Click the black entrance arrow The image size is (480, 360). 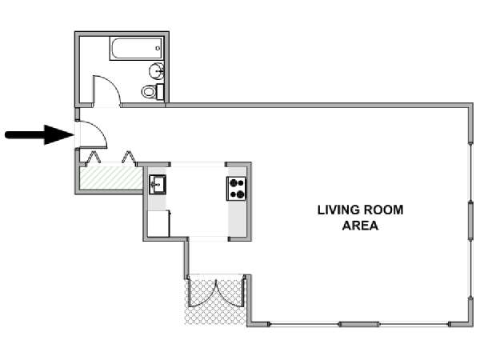[39, 134]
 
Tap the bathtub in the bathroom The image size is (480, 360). [136, 49]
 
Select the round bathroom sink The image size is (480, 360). [157, 71]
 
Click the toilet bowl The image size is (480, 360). [149, 91]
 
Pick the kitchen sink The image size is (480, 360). [158, 184]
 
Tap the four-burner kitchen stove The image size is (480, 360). [236, 189]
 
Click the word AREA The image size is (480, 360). [360, 226]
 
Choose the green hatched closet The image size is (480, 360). [111, 178]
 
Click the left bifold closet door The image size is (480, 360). [93, 158]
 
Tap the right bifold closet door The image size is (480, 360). [129, 158]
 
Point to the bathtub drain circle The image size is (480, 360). [158, 48]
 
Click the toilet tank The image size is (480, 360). [160, 91]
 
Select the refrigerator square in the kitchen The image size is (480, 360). [158, 223]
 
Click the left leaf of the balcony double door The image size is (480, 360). [202, 292]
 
